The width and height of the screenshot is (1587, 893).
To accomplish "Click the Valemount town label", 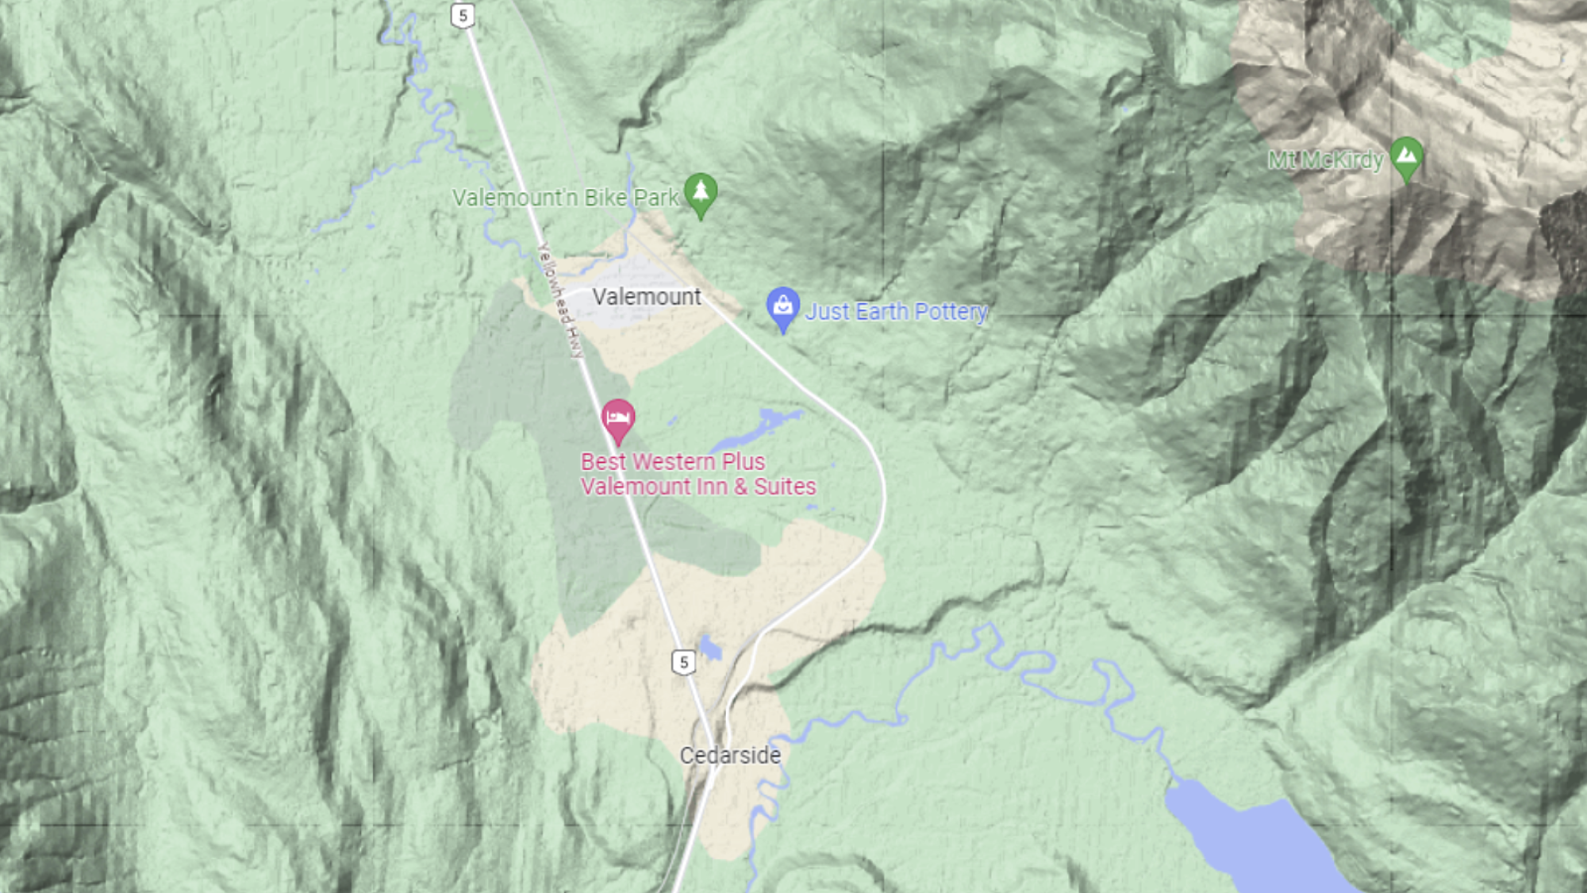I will click(647, 297).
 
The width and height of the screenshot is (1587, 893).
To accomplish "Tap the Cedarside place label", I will click(730, 755).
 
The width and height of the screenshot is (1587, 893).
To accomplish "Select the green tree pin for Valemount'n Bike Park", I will click(701, 193).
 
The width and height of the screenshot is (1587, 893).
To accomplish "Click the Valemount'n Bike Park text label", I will click(565, 198).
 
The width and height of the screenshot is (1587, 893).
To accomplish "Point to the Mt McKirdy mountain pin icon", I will click(1406, 156).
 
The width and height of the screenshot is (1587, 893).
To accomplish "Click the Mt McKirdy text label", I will click(1325, 160).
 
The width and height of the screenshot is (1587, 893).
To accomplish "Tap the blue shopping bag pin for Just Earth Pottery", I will click(782, 306).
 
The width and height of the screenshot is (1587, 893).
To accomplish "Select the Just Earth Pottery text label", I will click(897, 312).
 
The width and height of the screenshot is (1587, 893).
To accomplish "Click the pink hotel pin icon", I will click(618, 418).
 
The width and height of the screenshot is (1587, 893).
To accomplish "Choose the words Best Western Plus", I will click(673, 461).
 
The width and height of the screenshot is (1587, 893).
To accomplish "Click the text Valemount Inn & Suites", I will click(698, 487).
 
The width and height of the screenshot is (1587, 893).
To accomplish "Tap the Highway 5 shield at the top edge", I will click(463, 15).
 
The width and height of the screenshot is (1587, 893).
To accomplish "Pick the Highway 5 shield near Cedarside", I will click(683, 662).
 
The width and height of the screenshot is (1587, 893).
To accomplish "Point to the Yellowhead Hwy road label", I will click(560, 300).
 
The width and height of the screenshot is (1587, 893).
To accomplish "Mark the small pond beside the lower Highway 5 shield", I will click(710, 649).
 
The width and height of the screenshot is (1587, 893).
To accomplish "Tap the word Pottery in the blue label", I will click(951, 312).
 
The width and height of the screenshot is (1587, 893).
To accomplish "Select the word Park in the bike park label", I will click(656, 198).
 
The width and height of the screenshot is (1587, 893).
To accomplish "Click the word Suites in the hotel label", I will click(785, 487).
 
